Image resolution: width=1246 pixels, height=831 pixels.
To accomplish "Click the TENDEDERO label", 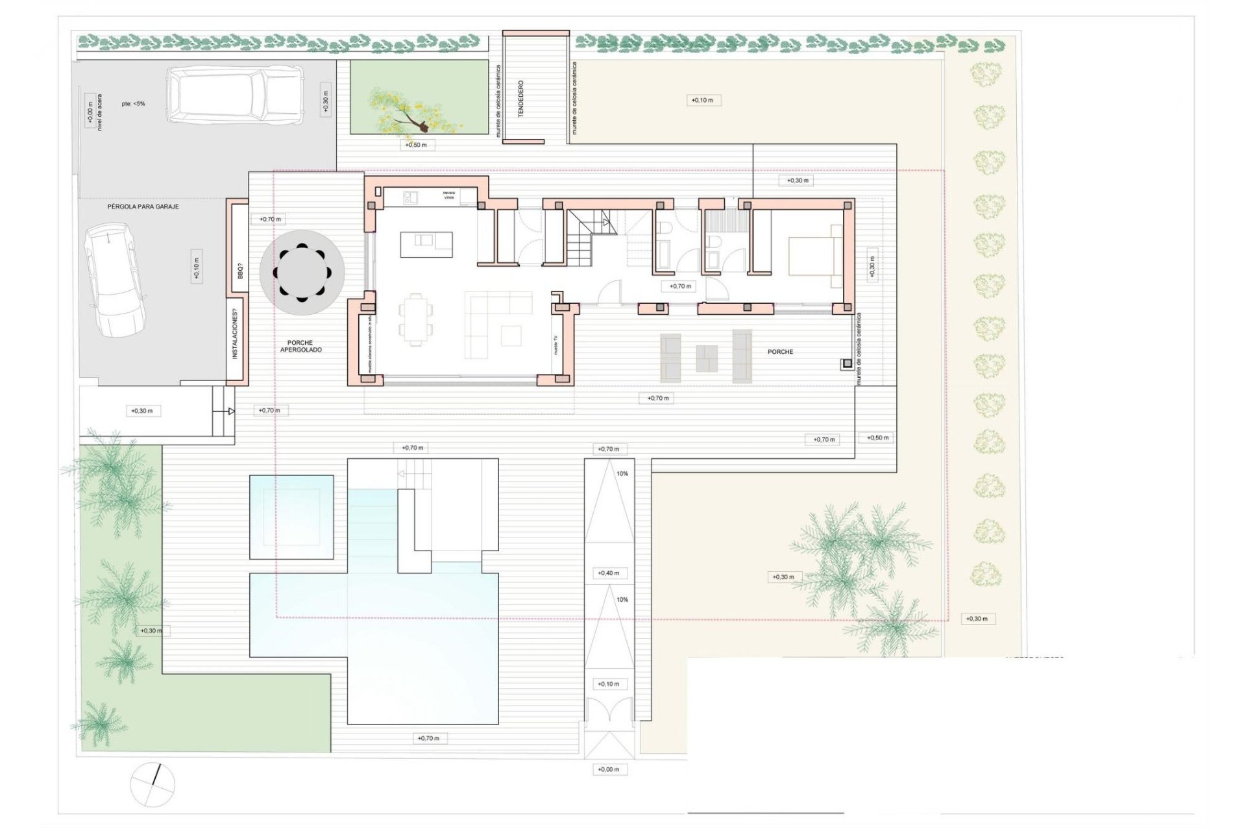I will click(x=520, y=99).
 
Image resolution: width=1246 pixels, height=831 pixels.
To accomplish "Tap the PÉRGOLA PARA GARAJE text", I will click(x=143, y=206).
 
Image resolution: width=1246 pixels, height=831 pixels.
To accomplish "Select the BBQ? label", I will click(x=239, y=271).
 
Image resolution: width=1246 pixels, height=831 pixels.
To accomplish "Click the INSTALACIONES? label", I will click(x=235, y=334).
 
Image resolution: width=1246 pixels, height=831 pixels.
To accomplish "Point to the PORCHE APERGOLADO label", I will click(x=300, y=346).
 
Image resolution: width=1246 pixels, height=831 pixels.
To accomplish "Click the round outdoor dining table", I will click(x=302, y=273).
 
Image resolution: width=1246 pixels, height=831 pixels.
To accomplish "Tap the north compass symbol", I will click(x=153, y=784).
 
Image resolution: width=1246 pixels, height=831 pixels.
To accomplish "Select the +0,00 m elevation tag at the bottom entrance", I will click(x=608, y=769).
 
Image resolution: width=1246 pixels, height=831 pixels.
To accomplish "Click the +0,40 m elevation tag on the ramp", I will click(x=608, y=573).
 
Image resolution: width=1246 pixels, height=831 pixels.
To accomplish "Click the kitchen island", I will click(x=426, y=244).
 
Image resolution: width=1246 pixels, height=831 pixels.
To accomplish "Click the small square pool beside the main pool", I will click(x=291, y=517).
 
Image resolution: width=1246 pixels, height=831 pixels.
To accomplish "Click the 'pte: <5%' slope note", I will click(x=133, y=104).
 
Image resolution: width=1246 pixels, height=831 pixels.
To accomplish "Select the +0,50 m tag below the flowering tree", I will click(x=416, y=145).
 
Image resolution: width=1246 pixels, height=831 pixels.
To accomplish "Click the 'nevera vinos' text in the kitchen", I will click(x=449, y=195).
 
